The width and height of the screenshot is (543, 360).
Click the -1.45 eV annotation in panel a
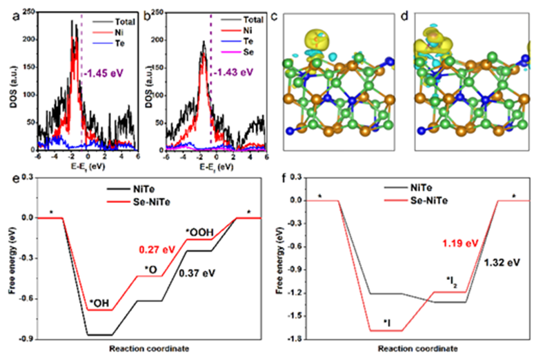click(x=106, y=72)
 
